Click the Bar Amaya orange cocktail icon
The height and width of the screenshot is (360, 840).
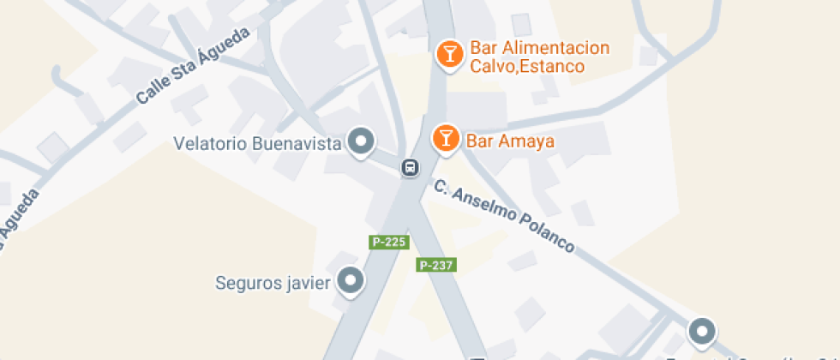(446, 138)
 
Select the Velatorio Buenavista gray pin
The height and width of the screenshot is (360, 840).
(362, 141)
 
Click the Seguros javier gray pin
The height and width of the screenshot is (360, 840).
(350, 279)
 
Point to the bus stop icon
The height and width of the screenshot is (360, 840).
(411, 167)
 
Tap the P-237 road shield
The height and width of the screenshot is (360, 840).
(435, 265)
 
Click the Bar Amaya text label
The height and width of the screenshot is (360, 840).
(509, 140)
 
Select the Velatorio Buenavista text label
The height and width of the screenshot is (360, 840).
(257, 143)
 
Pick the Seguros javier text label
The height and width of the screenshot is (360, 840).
(273, 282)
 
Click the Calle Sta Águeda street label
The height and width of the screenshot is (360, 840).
(193, 66)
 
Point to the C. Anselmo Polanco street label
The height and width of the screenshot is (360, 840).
(502, 215)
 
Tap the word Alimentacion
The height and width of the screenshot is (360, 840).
(555, 47)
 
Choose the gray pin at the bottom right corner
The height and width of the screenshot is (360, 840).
(702, 330)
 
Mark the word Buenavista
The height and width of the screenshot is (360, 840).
(296, 143)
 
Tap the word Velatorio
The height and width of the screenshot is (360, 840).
(208, 143)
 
